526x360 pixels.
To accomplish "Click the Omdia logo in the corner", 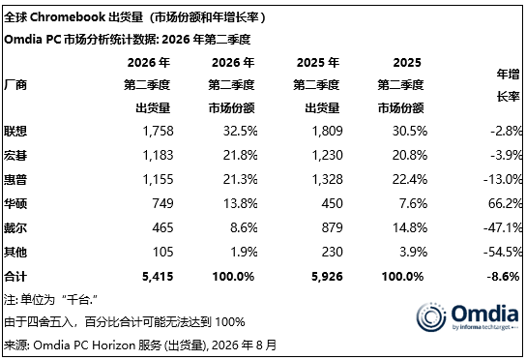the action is click(467, 317).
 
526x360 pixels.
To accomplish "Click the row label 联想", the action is click(15, 131).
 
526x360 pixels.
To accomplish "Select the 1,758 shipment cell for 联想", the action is click(158, 131).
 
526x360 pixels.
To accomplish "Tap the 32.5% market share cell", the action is click(240, 131).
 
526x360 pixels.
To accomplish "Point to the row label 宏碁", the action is click(15, 156).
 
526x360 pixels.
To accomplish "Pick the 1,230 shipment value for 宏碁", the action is click(328, 156).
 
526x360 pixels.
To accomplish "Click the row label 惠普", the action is click(15, 180).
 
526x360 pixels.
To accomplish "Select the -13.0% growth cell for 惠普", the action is click(503, 180).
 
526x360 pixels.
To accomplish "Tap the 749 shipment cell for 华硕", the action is click(162, 203).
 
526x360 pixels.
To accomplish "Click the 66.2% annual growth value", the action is click(505, 203).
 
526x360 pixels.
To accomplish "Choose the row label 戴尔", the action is click(15, 228).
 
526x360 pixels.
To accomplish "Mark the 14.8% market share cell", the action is click(410, 228).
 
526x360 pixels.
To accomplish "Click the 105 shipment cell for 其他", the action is click(163, 252).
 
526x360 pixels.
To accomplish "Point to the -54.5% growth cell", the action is click(503, 252).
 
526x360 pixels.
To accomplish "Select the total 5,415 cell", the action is click(158, 277).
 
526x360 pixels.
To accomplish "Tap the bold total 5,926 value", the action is click(327, 277).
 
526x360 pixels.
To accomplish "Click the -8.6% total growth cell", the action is click(503, 277).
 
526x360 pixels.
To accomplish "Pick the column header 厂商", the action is click(15, 85).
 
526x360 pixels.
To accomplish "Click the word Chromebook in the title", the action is click(68, 17).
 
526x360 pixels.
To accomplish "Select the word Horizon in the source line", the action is click(113, 345).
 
